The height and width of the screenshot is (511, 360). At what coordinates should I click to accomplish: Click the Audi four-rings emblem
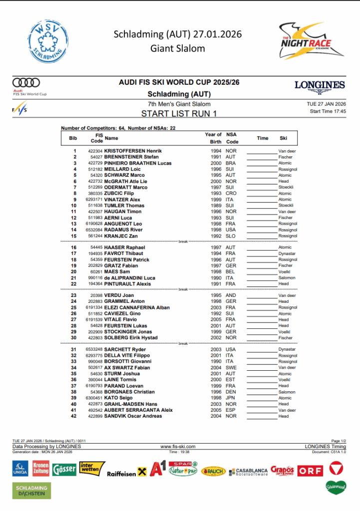[x=26, y=82]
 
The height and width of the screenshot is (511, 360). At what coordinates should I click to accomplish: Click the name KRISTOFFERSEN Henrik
[x=133, y=151]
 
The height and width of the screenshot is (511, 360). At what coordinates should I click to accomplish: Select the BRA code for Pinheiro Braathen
[x=231, y=163]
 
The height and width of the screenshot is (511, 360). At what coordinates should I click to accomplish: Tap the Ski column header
[x=283, y=138]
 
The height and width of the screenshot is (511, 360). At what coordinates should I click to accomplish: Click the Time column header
[x=263, y=138]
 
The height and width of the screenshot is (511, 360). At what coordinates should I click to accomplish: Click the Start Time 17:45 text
[x=328, y=111]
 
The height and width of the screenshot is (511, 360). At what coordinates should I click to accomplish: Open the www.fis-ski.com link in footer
[x=178, y=447]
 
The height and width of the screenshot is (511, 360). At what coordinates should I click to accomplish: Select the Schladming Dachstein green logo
[x=32, y=491]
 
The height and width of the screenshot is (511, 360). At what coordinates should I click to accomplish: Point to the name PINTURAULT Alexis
[x=128, y=284]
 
